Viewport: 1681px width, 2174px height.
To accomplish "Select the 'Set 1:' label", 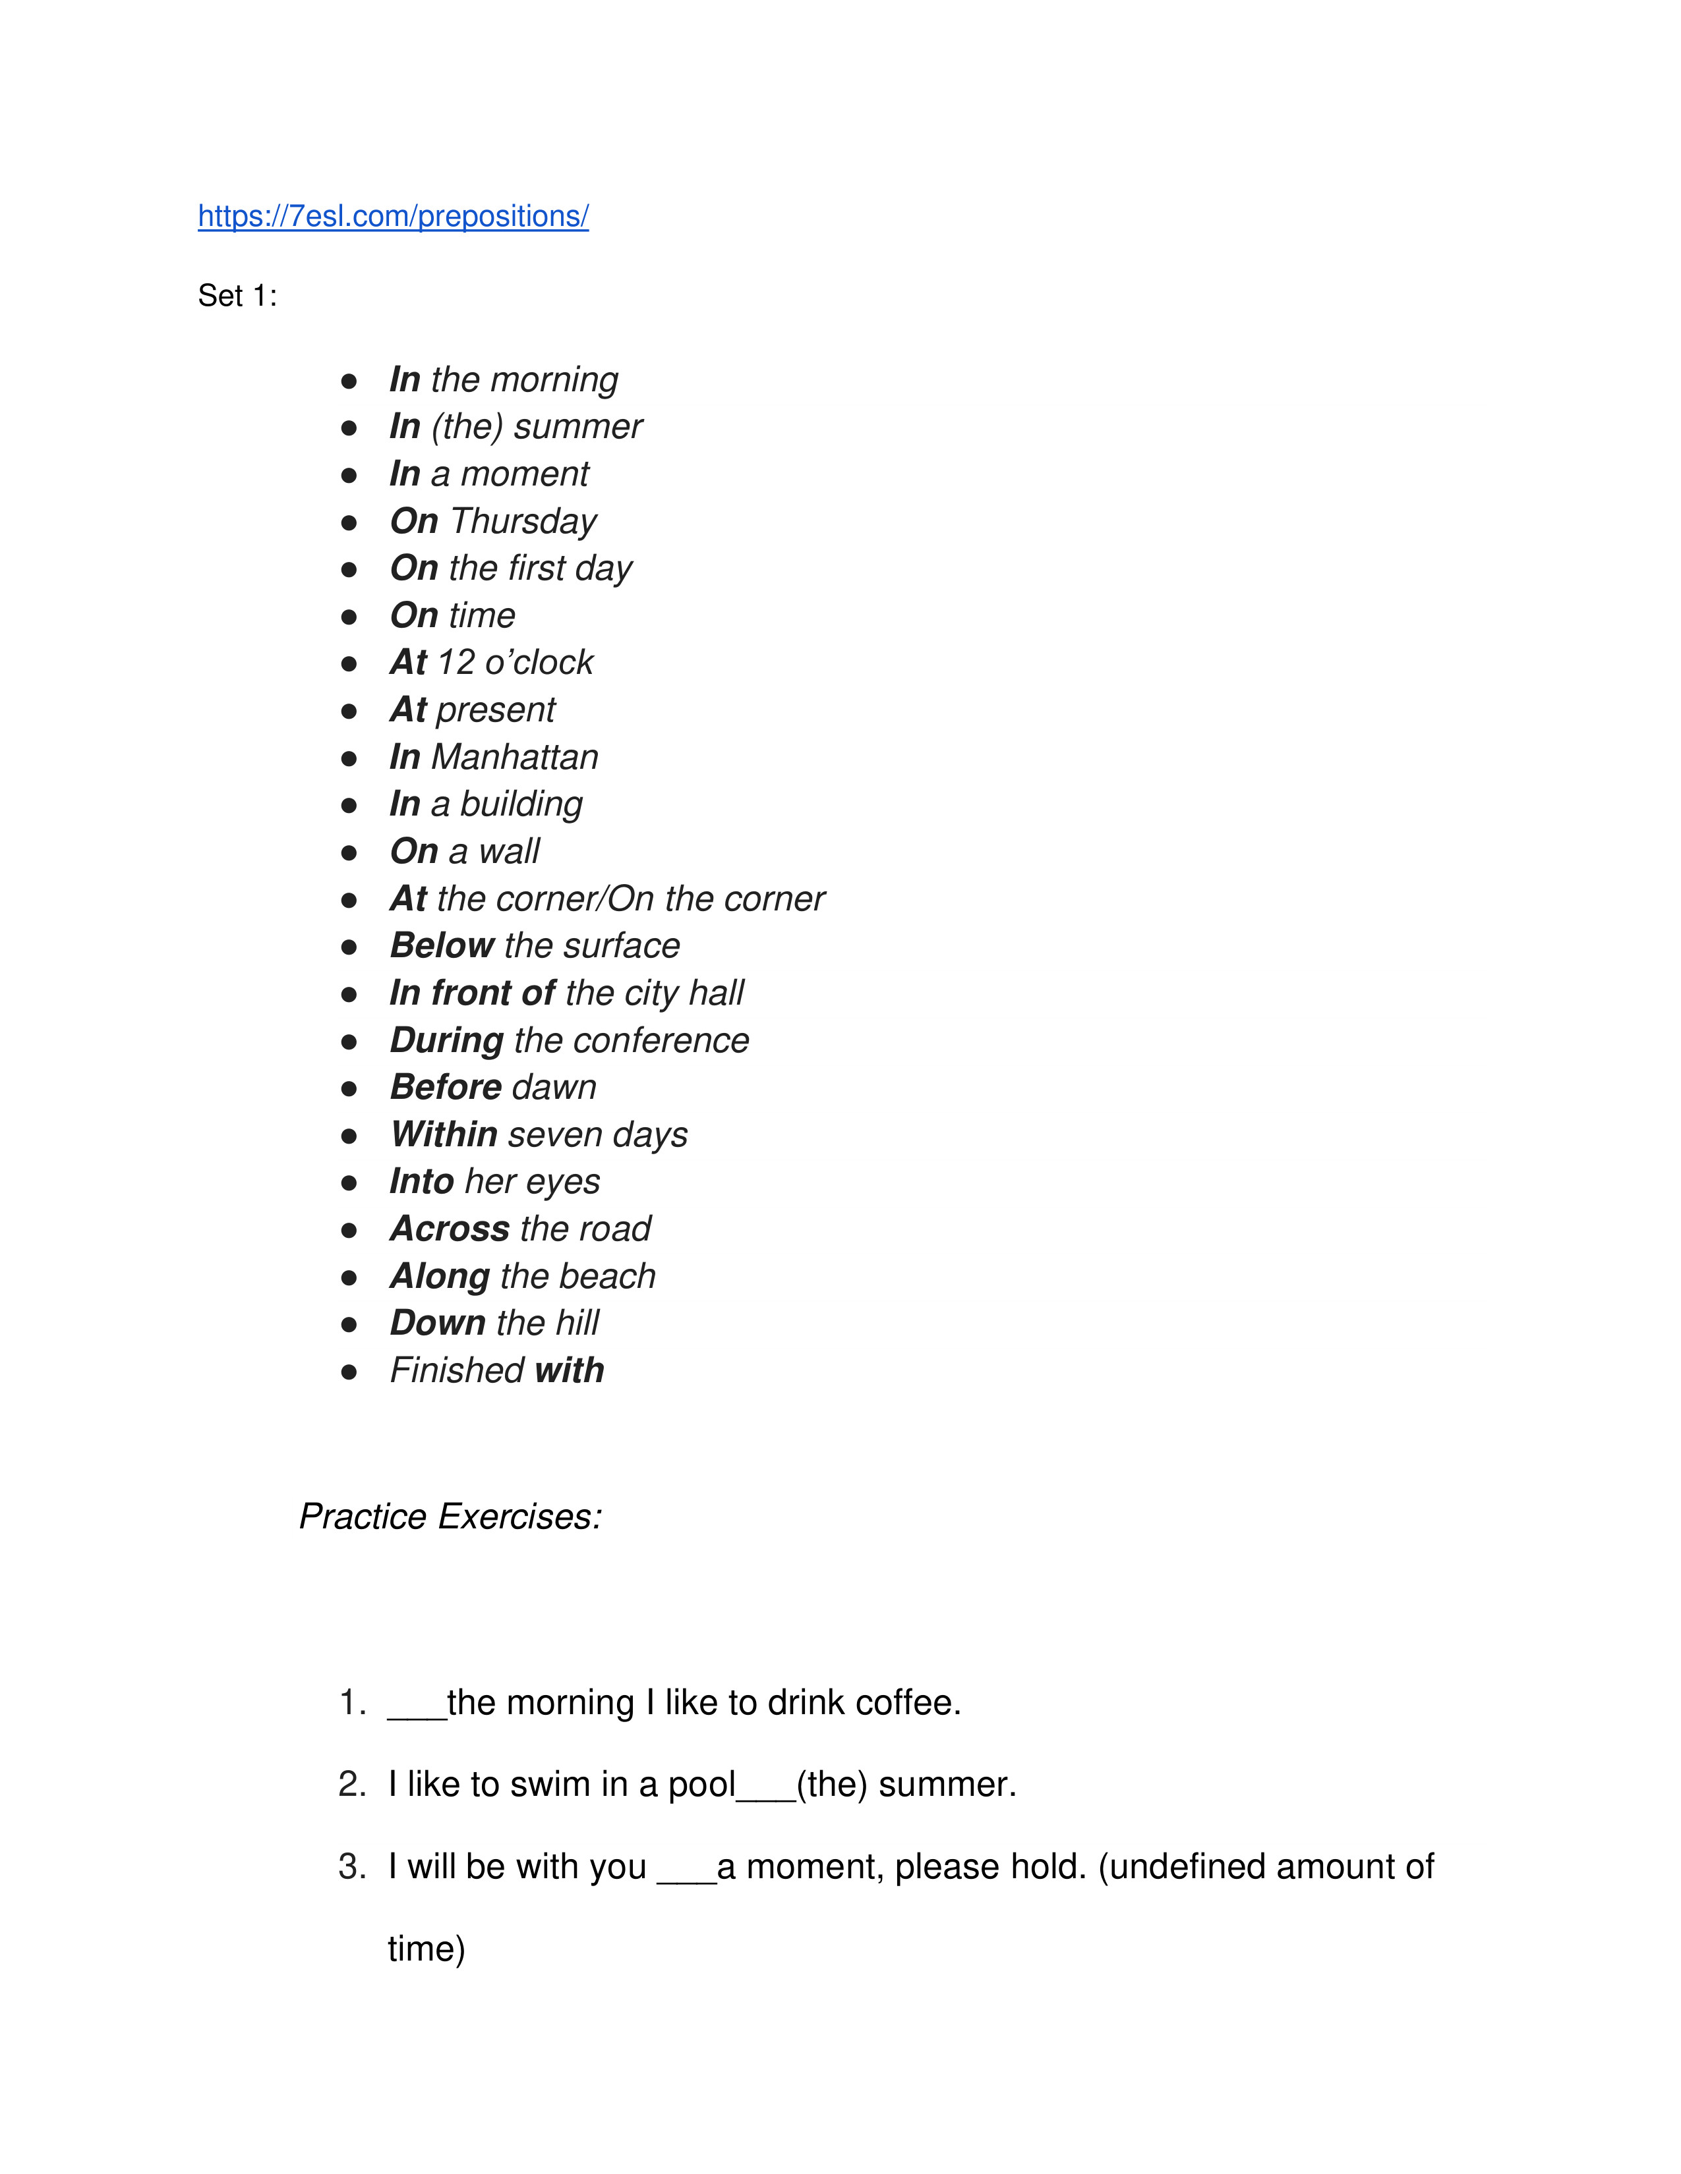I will point(237,296).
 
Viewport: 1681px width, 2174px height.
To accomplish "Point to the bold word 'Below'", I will point(442,945).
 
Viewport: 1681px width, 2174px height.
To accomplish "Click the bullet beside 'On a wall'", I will point(349,852).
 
